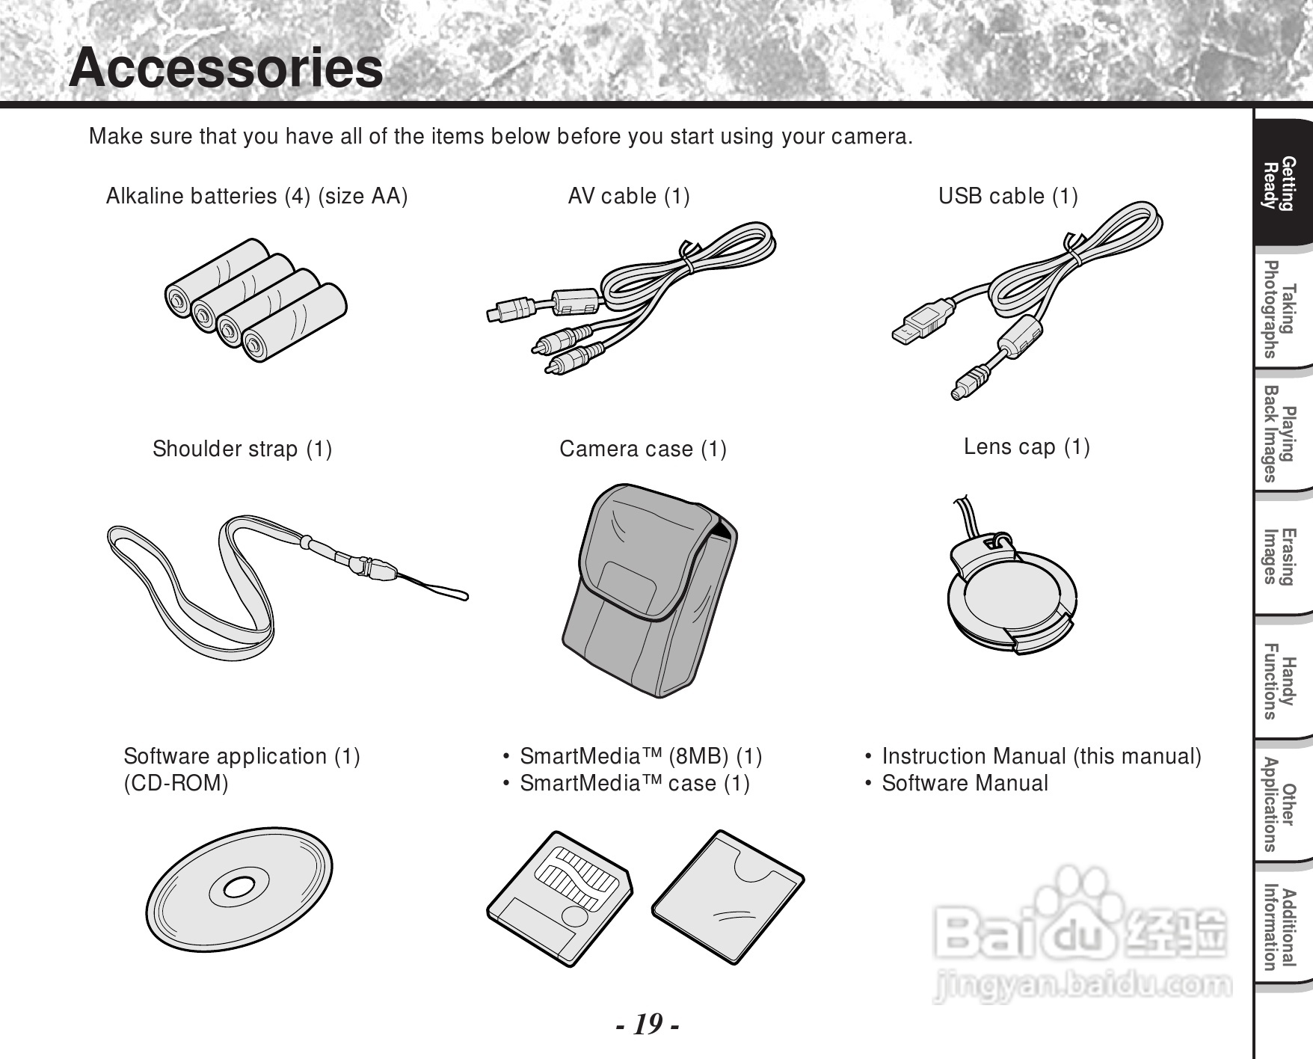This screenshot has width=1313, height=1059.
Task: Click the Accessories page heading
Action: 226,68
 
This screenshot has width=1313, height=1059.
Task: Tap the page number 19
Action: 648,1024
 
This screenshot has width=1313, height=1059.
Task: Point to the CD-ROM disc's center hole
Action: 238,888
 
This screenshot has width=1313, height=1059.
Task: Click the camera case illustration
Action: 649,591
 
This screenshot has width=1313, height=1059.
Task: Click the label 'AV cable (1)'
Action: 629,196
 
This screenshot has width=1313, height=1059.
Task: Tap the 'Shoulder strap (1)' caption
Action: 242,449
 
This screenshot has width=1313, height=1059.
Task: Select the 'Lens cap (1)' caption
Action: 1027,446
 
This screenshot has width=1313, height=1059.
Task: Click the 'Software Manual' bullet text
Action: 965,783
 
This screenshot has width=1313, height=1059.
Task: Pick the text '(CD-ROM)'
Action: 176,783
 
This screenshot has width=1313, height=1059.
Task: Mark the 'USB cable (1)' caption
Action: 1008,196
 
